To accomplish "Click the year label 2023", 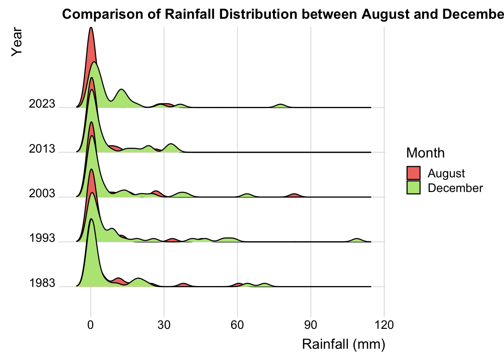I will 42,104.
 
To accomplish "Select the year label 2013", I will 42,149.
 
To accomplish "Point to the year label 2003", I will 42,193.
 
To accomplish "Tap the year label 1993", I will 42,238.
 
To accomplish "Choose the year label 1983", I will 42,283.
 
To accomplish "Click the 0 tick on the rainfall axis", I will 90,325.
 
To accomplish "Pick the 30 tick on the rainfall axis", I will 164,325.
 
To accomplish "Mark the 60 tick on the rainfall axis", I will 237,325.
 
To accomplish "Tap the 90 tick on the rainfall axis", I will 310,325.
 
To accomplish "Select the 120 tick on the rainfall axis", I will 384,325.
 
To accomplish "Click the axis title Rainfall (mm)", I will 343,344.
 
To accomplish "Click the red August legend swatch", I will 413,173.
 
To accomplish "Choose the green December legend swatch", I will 413,187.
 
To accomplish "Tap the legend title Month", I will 425,153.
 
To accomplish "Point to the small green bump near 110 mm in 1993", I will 357,240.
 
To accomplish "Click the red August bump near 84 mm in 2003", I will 295,195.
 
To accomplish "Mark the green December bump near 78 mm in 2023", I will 280,105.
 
